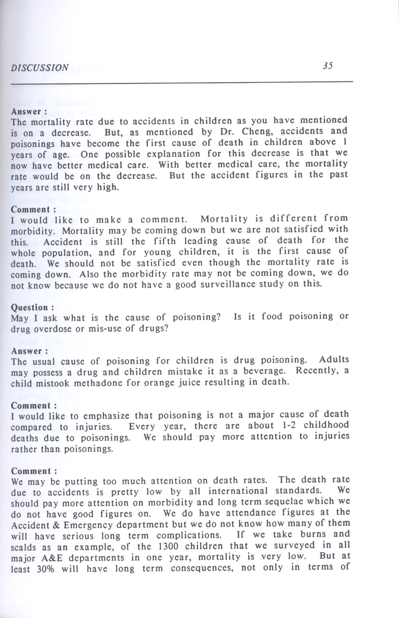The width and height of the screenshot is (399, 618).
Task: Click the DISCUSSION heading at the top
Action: point(40,68)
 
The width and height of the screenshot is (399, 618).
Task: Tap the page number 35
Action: point(328,66)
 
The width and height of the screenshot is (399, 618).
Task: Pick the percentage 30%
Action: point(46,569)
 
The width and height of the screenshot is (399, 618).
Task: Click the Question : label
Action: point(33,307)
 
